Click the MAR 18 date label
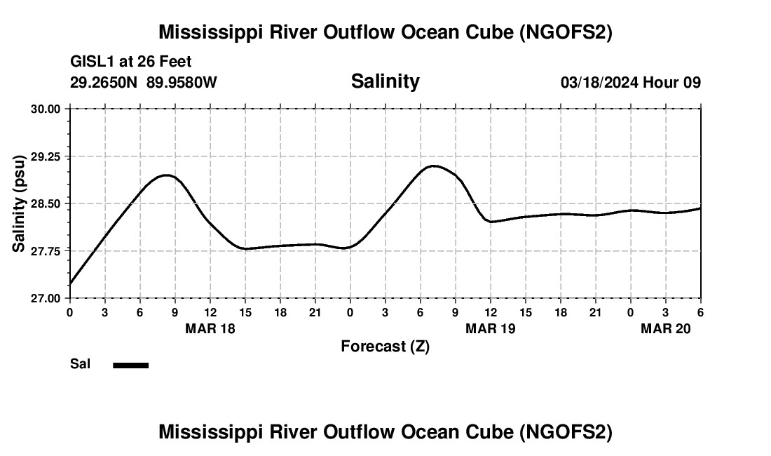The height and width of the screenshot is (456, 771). [x=210, y=328]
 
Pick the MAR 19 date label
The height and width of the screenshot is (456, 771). [x=491, y=328]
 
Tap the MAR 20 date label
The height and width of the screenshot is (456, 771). [x=666, y=328]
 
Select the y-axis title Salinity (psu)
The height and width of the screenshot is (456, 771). [x=19, y=203]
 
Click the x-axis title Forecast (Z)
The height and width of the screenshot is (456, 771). [x=385, y=346]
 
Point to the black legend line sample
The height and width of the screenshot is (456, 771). [x=131, y=365]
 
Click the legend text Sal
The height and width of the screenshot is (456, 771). [x=80, y=364]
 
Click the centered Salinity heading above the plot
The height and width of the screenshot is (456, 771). [x=385, y=81]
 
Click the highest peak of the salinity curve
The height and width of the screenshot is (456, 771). [x=434, y=166]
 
